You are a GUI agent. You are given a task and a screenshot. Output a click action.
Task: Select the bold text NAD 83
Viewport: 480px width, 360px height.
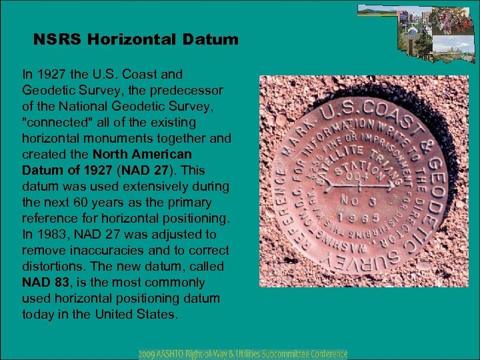click(x=45, y=282)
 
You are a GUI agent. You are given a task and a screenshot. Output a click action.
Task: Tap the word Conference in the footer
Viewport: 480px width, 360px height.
click(x=323, y=353)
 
